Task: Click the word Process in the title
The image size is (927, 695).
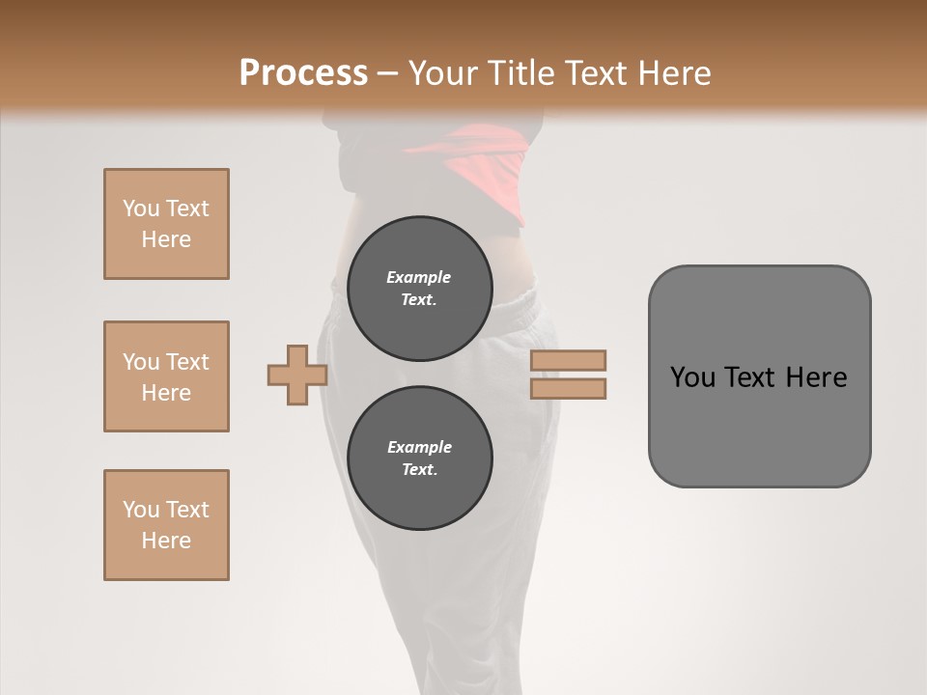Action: [x=303, y=73]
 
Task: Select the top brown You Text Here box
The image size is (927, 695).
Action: [x=166, y=224]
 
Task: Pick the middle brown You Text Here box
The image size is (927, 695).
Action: [x=166, y=376]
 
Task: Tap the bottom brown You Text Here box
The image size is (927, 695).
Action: [x=166, y=525]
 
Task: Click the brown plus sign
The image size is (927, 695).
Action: [x=297, y=375]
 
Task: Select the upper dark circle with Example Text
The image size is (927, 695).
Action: [x=419, y=288]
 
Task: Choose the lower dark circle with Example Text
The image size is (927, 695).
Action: [x=419, y=458]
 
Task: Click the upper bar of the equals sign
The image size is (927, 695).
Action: [x=568, y=360]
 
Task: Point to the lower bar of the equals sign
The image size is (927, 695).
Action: [x=568, y=388]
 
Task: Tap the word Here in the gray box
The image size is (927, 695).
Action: [x=816, y=377]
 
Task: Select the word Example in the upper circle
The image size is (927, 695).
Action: [x=419, y=277]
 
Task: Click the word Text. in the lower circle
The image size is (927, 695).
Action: [x=419, y=470]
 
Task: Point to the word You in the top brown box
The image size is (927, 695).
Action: [x=141, y=208]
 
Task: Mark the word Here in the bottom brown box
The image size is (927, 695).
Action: [x=166, y=541]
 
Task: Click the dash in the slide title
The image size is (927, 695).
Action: [x=387, y=73]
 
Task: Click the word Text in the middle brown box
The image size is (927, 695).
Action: [x=186, y=362]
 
